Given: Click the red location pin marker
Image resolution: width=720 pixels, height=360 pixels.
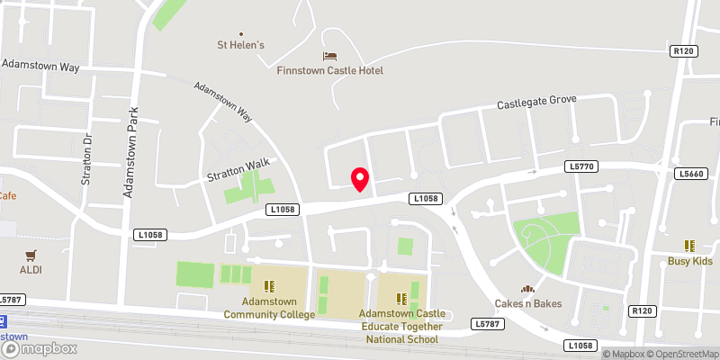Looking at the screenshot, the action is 360,178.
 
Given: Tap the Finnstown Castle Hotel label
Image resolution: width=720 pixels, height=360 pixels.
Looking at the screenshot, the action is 329,70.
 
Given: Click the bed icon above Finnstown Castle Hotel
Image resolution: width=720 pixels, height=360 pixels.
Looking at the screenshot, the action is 329,57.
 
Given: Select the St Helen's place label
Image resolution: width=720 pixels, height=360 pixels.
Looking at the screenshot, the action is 239,43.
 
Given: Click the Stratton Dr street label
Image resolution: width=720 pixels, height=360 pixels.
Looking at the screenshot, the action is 87,159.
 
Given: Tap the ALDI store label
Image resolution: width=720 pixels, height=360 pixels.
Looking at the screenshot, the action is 31,269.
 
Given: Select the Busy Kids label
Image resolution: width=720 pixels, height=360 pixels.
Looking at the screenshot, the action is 690,261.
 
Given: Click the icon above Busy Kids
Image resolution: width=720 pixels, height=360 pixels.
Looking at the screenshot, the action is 690,246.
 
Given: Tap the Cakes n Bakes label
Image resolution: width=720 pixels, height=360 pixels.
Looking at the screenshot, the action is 528,303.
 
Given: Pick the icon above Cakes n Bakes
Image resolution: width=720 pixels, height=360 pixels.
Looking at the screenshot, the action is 528,289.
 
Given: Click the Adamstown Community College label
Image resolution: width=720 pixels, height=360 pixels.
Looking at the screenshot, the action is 269,308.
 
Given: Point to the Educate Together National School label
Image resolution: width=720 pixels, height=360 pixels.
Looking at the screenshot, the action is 401,326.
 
